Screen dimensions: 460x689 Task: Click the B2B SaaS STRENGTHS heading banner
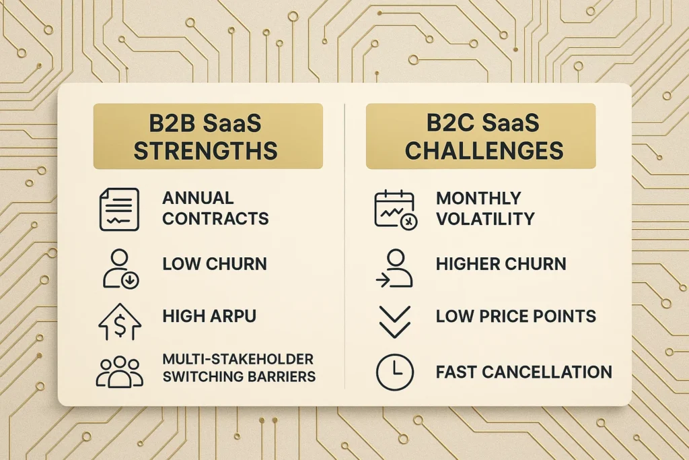[x=207, y=135]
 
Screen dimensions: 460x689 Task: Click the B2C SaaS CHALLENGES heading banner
[x=481, y=135]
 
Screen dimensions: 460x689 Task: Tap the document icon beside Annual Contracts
[x=119, y=209]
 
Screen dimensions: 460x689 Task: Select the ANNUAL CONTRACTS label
[x=215, y=209]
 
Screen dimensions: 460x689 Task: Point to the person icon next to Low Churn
[x=119, y=268]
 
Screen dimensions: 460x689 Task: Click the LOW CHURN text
[x=215, y=264]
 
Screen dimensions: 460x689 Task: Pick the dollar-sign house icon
[x=119, y=321]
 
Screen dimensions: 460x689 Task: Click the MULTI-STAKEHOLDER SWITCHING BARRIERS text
[x=239, y=367]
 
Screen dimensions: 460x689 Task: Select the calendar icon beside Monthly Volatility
[x=395, y=209]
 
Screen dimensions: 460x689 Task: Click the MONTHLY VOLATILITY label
[x=485, y=209]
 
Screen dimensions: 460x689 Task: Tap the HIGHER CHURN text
[x=501, y=264]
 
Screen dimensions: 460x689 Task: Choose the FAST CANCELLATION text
[x=524, y=372]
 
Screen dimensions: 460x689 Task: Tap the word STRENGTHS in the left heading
[x=205, y=150]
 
